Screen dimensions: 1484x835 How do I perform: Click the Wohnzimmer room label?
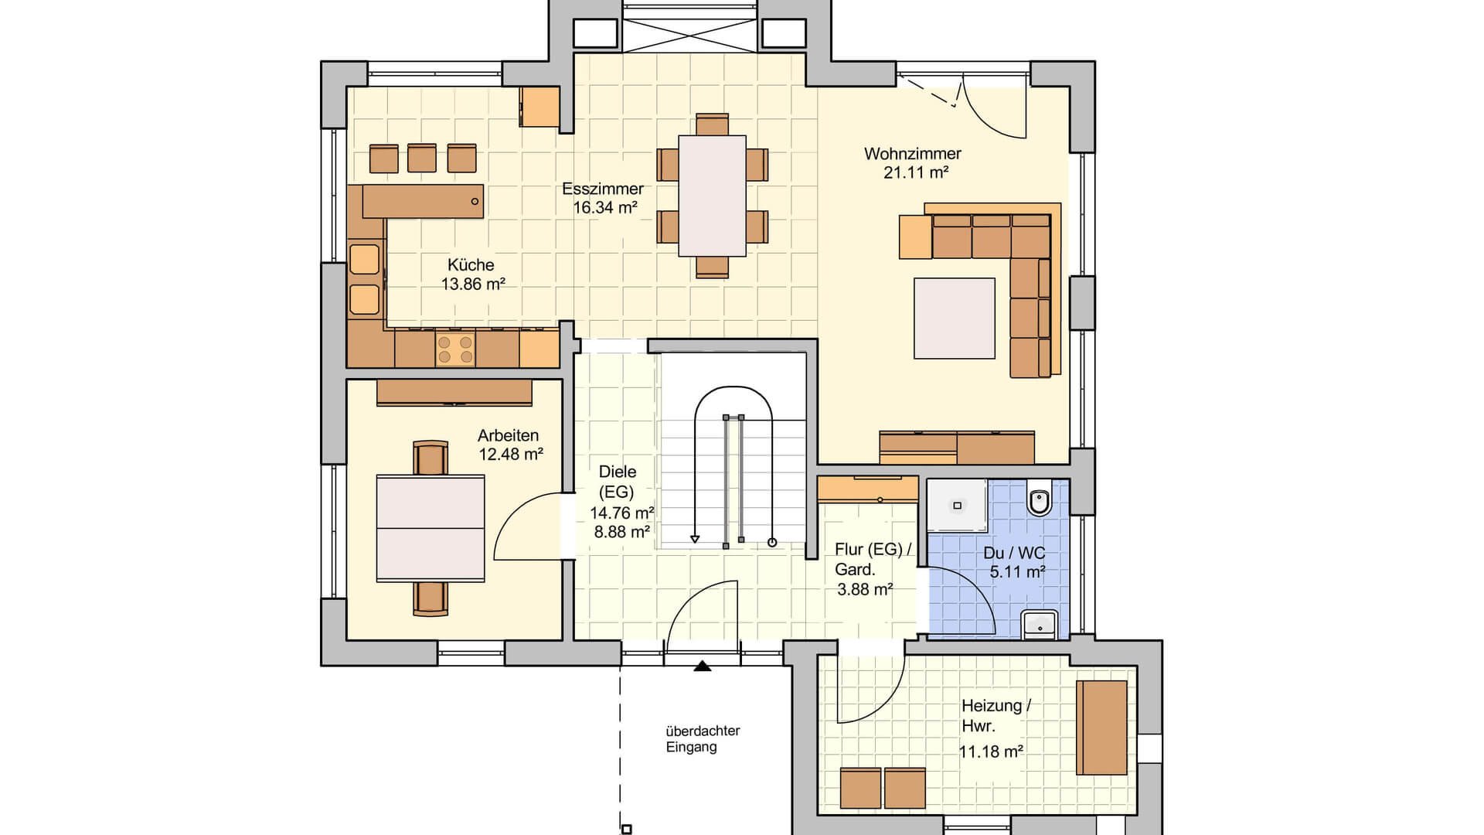(913, 154)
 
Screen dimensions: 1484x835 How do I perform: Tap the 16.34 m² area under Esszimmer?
(605, 207)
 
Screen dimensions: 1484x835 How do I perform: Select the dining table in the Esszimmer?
(712, 196)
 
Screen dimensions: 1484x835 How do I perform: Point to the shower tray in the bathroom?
(957, 506)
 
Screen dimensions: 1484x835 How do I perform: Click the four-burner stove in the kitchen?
(454, 349)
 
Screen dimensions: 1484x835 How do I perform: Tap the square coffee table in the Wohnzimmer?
(955, 318)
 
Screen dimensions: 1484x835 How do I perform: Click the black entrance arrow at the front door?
(702, 666)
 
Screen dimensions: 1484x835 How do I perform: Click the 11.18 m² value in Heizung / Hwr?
(992, 751)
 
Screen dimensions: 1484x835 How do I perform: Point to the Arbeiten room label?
(508, 435)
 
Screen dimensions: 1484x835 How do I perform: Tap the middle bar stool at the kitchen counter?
(422, 158)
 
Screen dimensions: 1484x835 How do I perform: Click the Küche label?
(471, 264)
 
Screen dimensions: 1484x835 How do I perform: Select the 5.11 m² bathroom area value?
(1018, 572)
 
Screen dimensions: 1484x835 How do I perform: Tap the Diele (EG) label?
(618, 482)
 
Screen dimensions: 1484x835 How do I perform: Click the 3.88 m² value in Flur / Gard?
(865, 590)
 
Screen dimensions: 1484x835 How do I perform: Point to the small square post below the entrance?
(627, 830)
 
